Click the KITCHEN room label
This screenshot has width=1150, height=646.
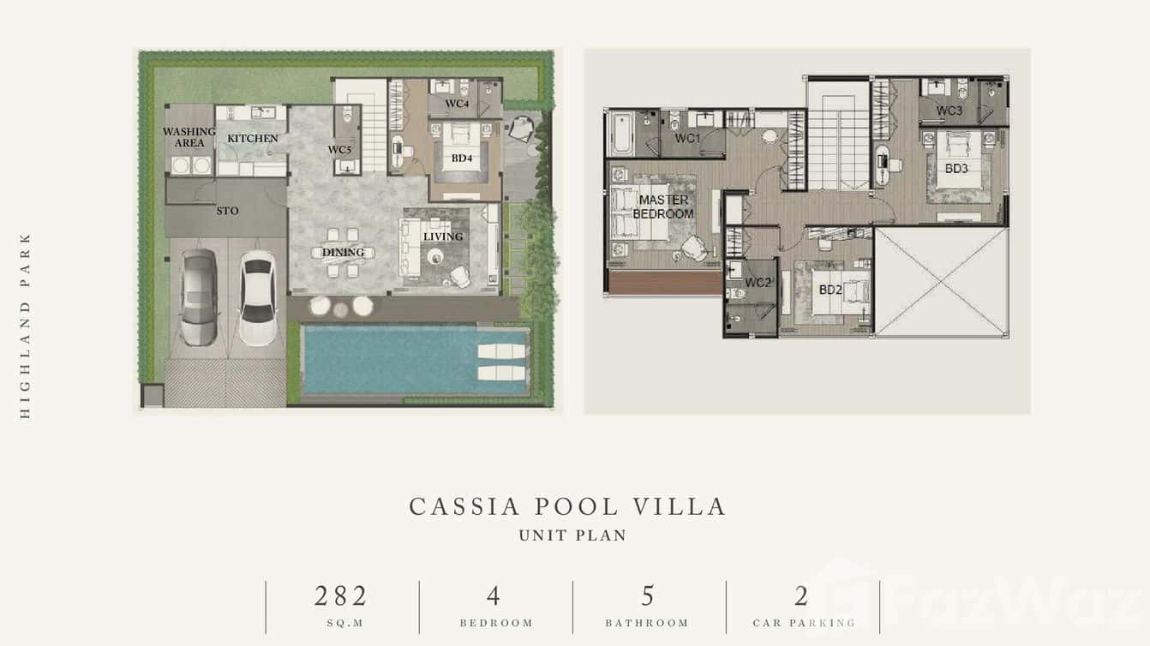[253, 138]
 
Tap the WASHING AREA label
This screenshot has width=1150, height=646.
[189, 137]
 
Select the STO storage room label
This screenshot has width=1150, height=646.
[227, 211]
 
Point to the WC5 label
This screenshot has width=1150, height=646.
[340, 150]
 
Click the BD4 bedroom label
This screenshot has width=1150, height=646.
[462, 158]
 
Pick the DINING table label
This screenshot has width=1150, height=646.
[343, 253]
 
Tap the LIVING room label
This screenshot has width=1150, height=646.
[443, 236]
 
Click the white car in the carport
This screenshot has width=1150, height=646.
[258, 297]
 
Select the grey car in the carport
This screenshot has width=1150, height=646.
[199, 296]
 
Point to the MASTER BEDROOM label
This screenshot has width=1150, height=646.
[663, 206]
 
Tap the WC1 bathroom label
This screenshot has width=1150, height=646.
[687, 138]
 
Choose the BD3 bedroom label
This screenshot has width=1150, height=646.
[956, 168]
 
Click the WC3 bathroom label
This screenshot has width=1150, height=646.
[949, 111]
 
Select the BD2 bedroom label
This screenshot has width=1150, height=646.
[830, 290]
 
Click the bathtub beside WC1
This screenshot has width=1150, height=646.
[622, 134]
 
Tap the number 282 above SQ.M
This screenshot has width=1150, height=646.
[341, 596]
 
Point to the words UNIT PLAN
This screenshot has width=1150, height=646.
[573, 535]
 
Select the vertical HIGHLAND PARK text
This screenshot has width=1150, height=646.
[25, 326]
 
